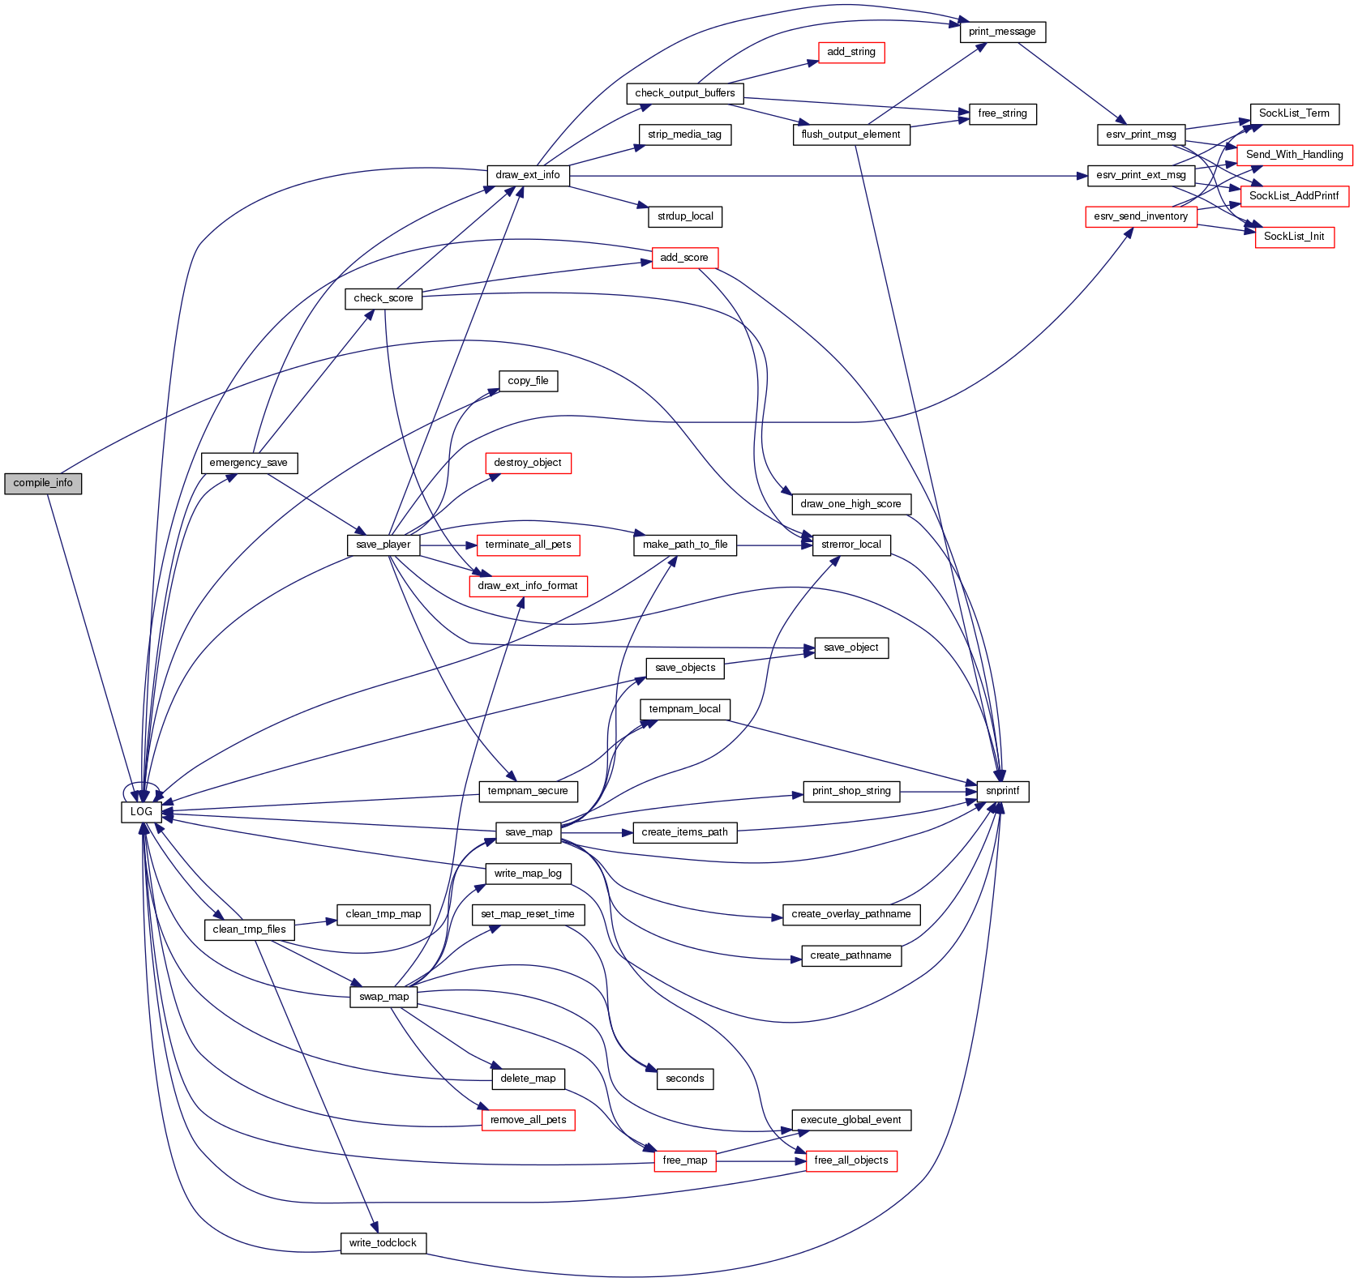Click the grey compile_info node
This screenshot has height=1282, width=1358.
pos(43,483)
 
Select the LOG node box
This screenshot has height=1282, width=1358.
pos(141,811)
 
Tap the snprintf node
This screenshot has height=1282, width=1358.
pos(1003,791)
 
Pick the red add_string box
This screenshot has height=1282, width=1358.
pos(851,52)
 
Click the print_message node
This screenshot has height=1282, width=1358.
pos(1002,32)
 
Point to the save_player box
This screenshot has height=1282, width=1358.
pos(383,545)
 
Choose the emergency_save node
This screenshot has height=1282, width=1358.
pos(249,463)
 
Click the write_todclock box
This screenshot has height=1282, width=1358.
pos(383,1243)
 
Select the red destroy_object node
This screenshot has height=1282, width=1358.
pos(528,463)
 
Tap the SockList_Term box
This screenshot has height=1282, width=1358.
pos(1294,113)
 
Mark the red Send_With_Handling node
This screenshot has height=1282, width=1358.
pos(1294,155)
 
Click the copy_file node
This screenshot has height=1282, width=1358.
pos(528,381)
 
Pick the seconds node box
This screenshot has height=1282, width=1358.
pos(685,1079)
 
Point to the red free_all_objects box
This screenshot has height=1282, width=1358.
pos(851,1160)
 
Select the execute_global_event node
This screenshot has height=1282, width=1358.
pos(851,1120)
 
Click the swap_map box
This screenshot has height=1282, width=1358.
pos(384,997)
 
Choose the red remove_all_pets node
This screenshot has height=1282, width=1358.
pos(528,1120)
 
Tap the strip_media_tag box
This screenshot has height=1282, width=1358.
pos(685,135)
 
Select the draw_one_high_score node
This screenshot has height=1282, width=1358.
pos(851,504)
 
